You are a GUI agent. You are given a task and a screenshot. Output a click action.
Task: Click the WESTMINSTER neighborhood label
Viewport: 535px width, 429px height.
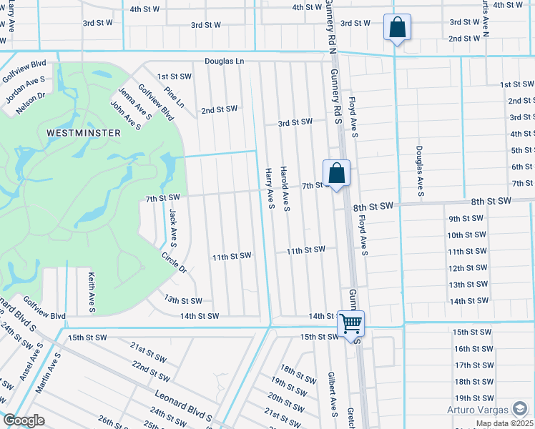[83, 133]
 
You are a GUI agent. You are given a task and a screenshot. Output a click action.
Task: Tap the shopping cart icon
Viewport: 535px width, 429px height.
[350, 323]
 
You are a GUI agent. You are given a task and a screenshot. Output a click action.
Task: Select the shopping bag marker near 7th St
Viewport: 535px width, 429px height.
[336, 173]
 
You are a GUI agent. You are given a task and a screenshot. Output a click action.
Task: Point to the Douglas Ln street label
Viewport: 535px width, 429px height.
[225, 61]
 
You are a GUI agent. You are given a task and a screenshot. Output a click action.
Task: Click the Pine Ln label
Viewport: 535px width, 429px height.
[174, 98]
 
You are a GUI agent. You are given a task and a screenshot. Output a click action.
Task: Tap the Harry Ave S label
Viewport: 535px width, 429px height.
[270, 189]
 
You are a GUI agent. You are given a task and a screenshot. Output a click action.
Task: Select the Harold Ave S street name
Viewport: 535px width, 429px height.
[285, 189]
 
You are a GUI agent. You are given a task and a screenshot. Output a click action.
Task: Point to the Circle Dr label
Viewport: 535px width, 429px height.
[173, 263]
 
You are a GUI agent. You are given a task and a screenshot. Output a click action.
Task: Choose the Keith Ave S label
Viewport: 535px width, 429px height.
[92, 292]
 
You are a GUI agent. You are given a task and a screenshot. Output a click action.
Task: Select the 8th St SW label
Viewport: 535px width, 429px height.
[373, 206]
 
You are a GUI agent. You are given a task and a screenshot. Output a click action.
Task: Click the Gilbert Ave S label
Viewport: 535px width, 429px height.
[333, 393]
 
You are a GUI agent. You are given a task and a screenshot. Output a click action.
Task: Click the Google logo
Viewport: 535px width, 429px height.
[24, 420]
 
